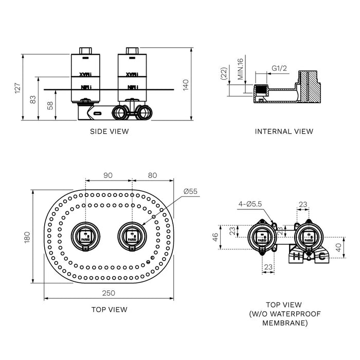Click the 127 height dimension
coord(18,88)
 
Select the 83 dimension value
coord(34,99)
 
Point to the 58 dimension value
coord(50,105)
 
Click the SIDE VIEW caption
coord(110,131)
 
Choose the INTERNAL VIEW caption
coord(284,131)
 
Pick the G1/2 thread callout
coord(279,67)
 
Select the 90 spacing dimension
coord(108,175)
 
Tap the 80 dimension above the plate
coord(152,175)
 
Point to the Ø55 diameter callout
coord(191,191)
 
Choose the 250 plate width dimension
coord(109,293)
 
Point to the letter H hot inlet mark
coord(296,256)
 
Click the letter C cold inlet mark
coord(321,256)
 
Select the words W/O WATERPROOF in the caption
coord(285,314)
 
